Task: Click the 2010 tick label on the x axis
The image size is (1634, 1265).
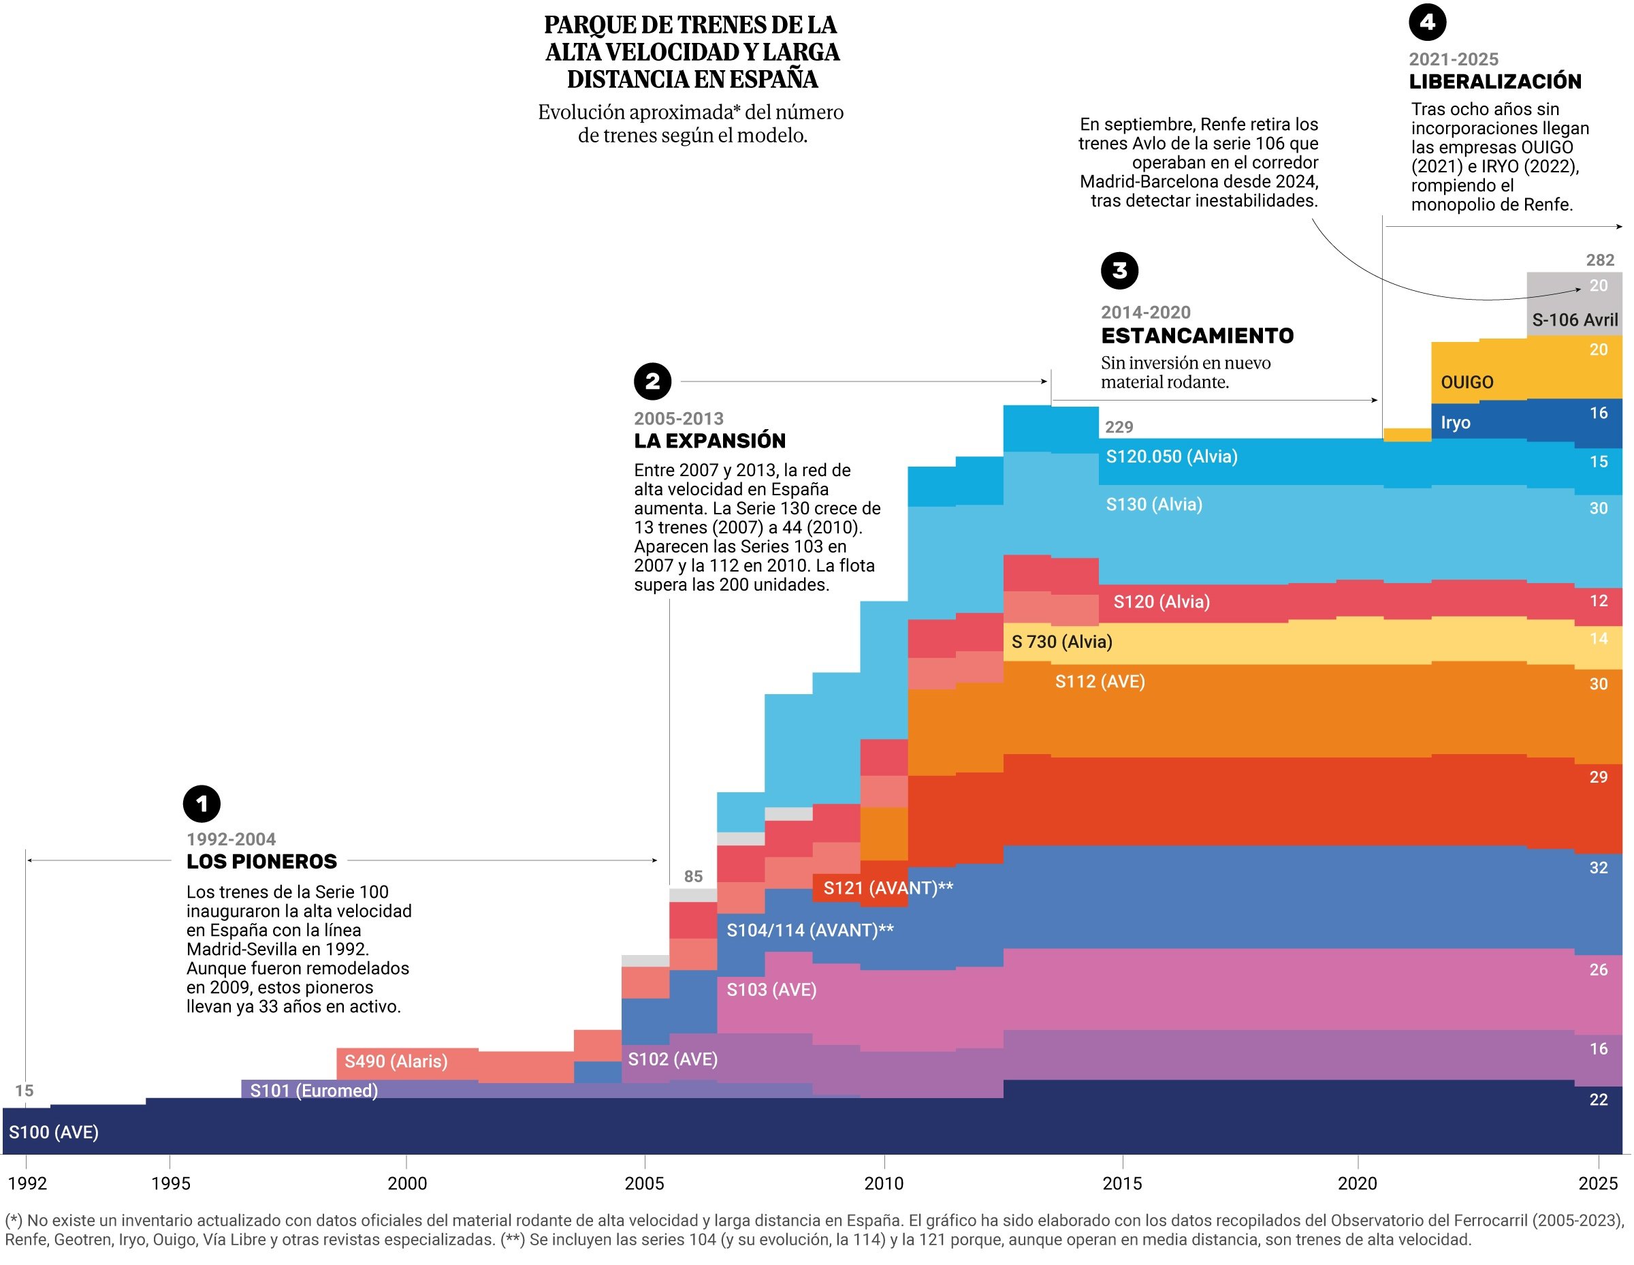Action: point(884,1183)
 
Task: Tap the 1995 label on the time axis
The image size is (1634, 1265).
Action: point(171,1183)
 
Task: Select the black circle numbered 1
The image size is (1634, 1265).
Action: point(202,804)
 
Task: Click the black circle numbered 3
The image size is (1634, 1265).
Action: point(1119,270)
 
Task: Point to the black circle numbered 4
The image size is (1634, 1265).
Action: point(1427,22)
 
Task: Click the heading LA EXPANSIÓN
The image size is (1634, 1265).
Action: point(709,441)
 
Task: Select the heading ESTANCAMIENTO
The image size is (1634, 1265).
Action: point(1197,335)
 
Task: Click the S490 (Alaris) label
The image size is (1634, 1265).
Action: point(396,1061)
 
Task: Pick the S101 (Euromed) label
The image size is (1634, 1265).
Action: point(313,1090)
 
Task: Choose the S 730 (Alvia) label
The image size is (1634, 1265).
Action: point(1061,642)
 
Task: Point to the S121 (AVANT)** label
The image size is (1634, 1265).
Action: point(888,888)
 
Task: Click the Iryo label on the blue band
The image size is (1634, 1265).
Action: point(1455,422)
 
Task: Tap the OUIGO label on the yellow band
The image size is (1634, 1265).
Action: point(1467,382)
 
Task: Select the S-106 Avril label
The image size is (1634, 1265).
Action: point(1575,319)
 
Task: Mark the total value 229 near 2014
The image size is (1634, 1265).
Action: point(1119,426)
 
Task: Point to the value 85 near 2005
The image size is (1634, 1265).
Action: point(693,876)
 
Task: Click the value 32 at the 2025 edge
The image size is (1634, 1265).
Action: point(1598,868)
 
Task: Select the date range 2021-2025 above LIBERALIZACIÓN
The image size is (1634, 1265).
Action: point(1453,59)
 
